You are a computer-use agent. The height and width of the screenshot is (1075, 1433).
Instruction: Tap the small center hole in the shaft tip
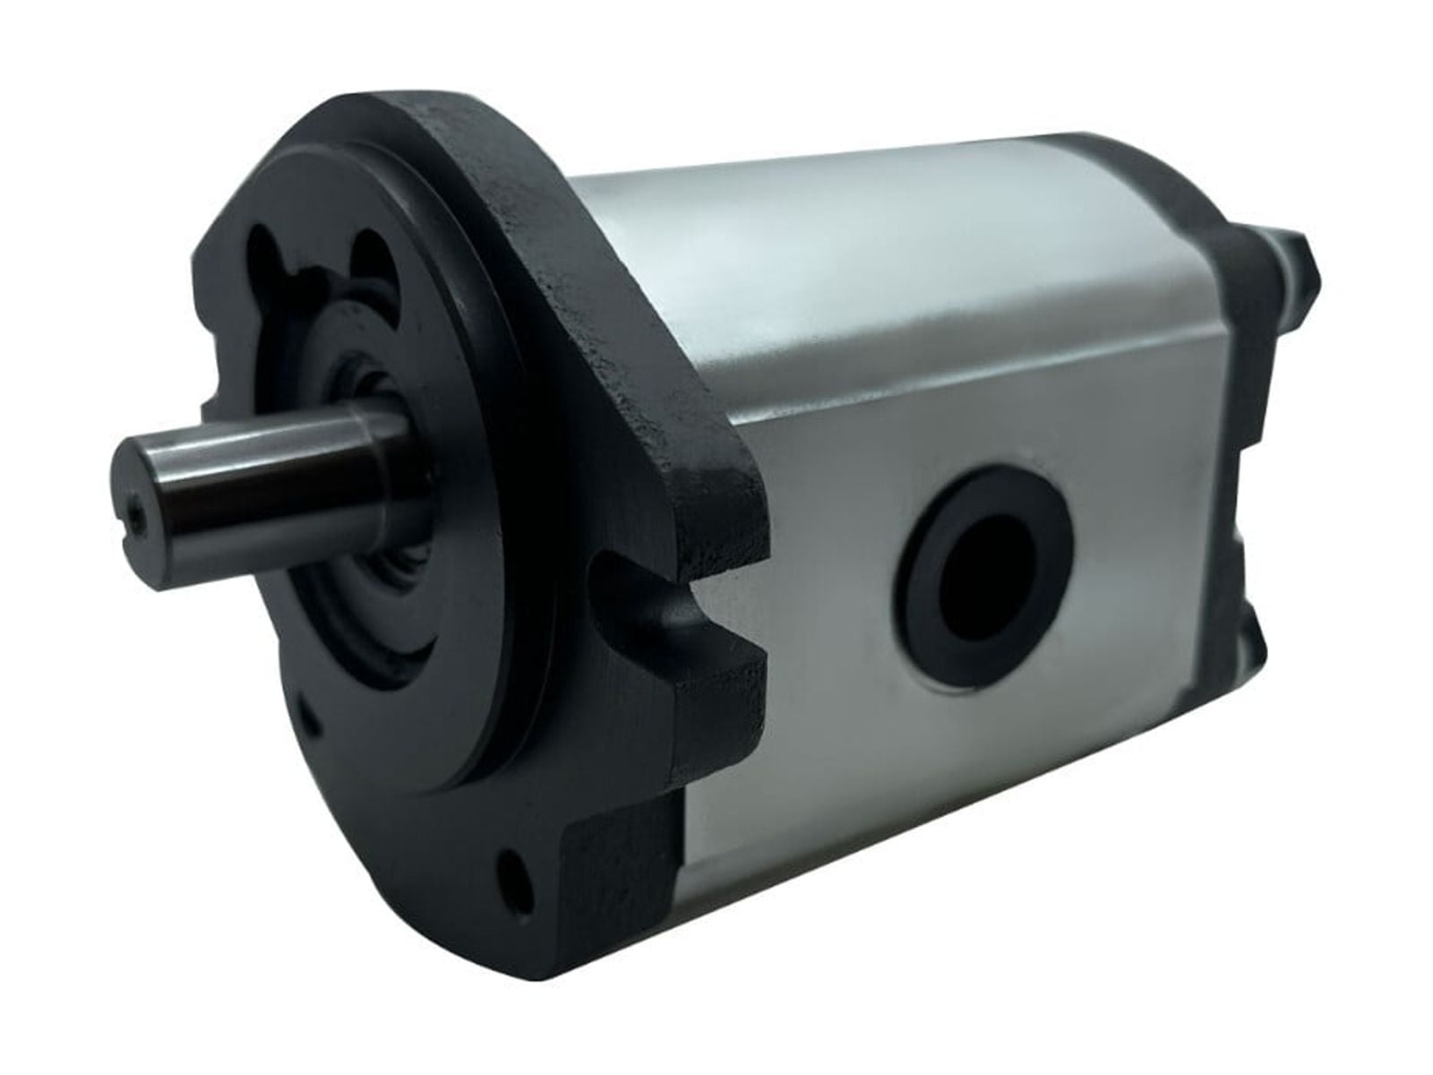(x=134, y=513)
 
